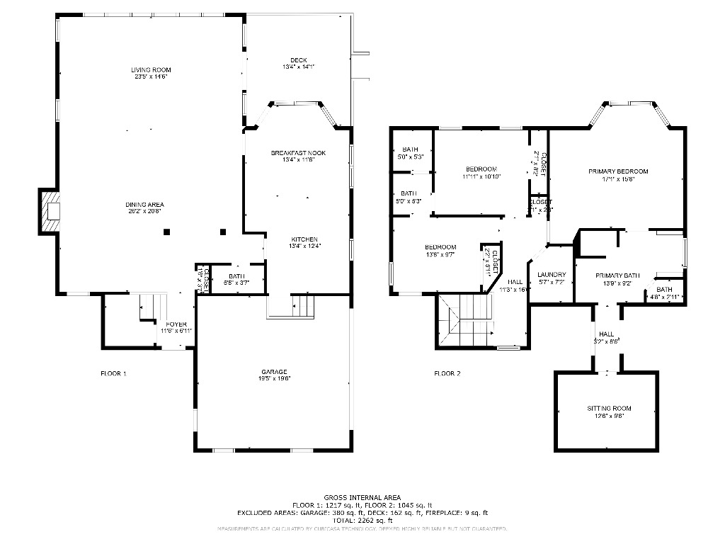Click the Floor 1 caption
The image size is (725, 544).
tap(113, 373)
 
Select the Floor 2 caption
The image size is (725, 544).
tap(447, 373)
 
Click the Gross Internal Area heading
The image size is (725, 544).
tap(362, 497)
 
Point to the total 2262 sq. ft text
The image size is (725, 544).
tap(362, 520)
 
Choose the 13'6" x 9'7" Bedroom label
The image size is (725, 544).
tap(440, 250)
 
